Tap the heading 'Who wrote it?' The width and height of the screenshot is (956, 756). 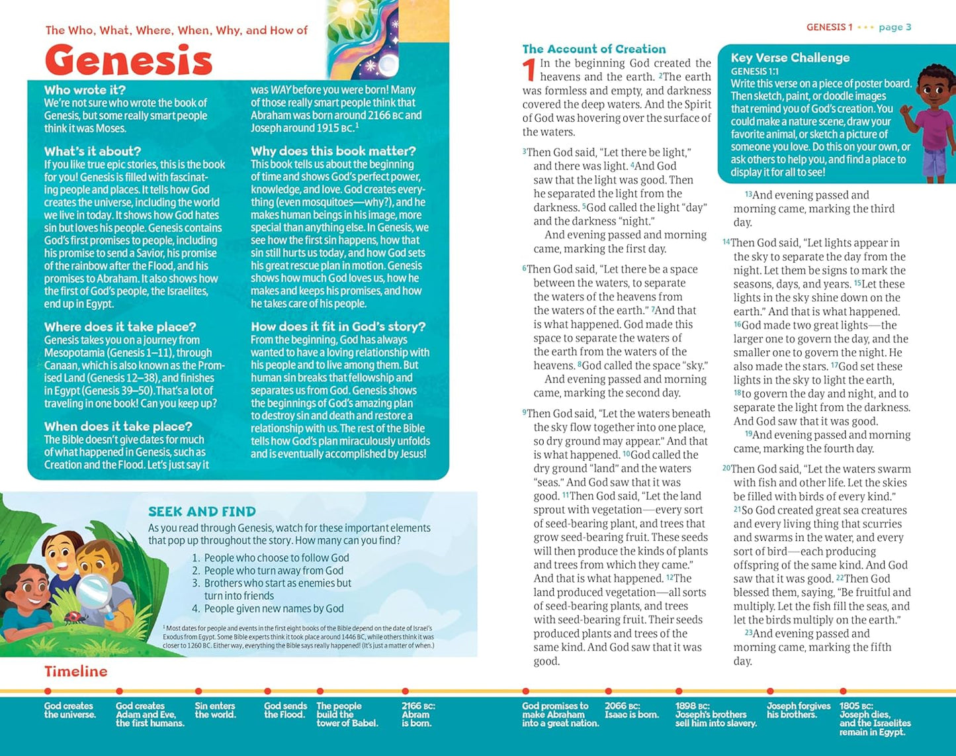click(x=85, y=90)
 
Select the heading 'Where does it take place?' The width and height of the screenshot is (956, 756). click(x=120, y=327)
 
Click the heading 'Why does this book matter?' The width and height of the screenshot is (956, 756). click(x=333, y=151)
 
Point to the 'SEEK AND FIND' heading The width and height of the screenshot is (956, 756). click(x=202, y=512)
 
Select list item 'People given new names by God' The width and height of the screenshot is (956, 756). click(x=273, y=608)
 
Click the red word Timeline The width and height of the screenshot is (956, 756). click(x=75, y=671)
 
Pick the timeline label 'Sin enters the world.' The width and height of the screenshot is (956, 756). click(x=215, y=710)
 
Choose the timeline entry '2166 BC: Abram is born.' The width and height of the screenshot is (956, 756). click(x=418, y=714)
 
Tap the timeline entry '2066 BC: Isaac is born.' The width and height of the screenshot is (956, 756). click(x=631, y=710)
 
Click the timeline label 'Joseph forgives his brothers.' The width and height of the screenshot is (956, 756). click(x=798, y=710)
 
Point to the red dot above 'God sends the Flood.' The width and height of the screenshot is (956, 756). click(x=267, y=692)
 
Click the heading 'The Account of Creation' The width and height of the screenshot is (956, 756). click(x=594, y=49)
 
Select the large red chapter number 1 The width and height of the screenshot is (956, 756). click(x=529, y=71)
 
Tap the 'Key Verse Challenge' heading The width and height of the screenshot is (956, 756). click(x=790, y=58)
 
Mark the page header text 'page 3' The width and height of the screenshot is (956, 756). click(x=894, y=27)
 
